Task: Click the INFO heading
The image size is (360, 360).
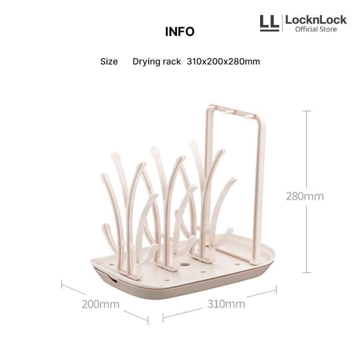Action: point(180,32)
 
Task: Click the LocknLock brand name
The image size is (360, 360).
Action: point(316,20)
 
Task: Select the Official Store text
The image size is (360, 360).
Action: point(316,29)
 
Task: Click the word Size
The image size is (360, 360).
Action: point(109,62)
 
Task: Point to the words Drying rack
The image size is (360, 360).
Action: point(157,62)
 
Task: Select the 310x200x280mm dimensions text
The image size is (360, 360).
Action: point(223,62)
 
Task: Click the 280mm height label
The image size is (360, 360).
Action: point(305,196)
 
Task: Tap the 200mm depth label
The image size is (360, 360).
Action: point(100,304)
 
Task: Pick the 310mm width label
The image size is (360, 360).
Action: point(226,304)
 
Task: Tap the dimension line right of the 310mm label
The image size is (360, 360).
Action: point(261,293)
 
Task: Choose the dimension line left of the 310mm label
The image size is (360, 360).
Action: point(182,313)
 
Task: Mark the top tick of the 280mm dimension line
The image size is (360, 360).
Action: point(307,111)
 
